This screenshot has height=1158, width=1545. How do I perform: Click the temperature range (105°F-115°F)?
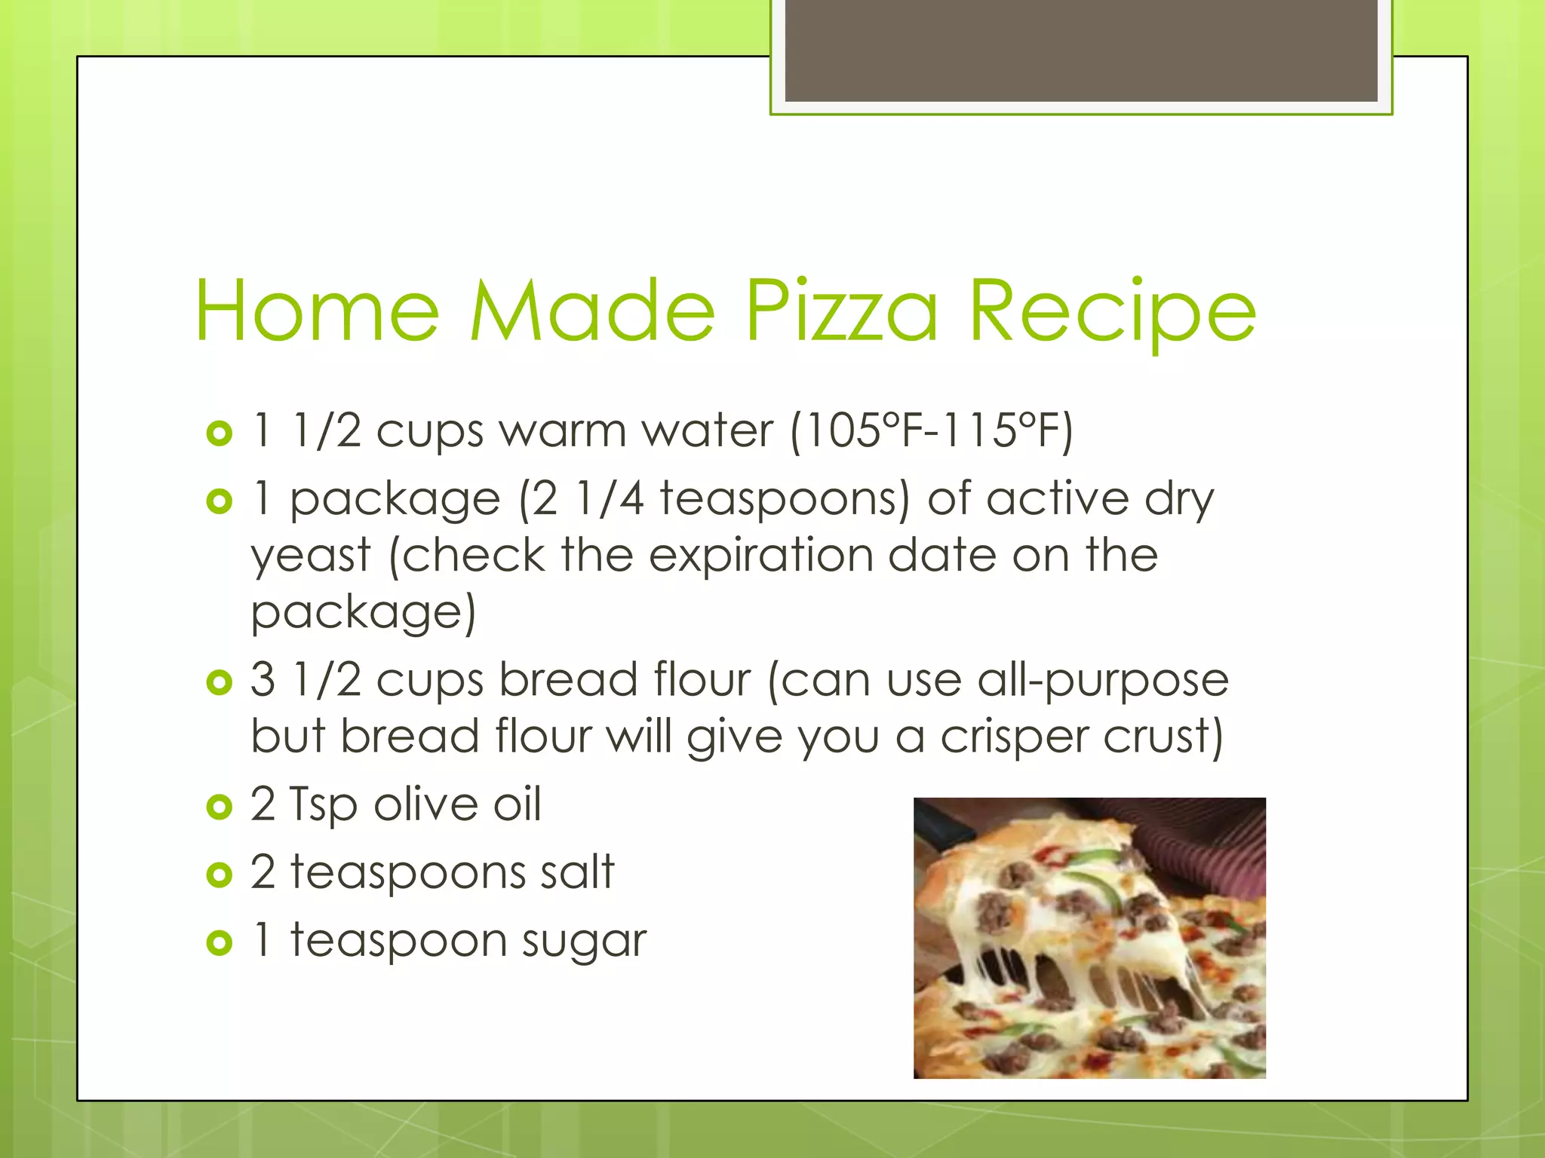click(931, 431)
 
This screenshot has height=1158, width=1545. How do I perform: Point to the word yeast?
click(311, 556)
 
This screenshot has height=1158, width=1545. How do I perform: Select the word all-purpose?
click(1103, 680)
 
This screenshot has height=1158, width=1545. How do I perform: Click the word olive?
click(425, 804)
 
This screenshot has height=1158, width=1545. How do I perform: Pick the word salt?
click(576, 872)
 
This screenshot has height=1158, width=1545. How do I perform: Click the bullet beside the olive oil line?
click(219, 807)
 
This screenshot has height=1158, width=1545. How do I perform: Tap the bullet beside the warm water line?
click(219, 433)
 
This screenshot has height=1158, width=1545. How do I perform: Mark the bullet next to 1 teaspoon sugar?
click(219, 942)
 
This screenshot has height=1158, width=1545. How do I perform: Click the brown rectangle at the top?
click(1081, 51)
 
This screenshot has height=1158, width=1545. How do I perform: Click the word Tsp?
click(323, 805)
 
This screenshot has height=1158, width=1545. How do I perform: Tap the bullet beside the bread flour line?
click(219, 682)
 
